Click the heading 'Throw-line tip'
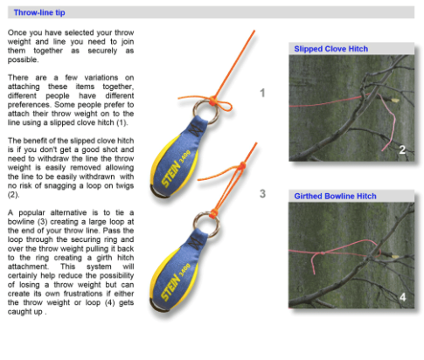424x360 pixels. (39, 12)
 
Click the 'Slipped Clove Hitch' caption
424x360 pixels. (330, 49)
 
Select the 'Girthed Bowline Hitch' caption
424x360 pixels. (335, 196)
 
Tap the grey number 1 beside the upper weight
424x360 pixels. (262, 93)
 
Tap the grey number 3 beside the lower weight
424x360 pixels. (262, 194)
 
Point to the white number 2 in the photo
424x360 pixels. (402, 149)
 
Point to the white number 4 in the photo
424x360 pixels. (402, 297)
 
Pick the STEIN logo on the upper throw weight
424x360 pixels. (171, 173)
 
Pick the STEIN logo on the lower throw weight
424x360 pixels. (170, 287)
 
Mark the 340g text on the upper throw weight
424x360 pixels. (184, 156)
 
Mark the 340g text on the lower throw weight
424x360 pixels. (184, 270)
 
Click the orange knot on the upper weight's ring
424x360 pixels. (213, 100)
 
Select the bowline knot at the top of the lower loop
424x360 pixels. (242, 165)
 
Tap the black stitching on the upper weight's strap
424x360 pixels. (196, 128)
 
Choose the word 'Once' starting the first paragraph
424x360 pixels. (17, 32)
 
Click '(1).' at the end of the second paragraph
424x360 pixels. (122, 122)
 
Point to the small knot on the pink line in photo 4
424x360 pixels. (323, 253)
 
